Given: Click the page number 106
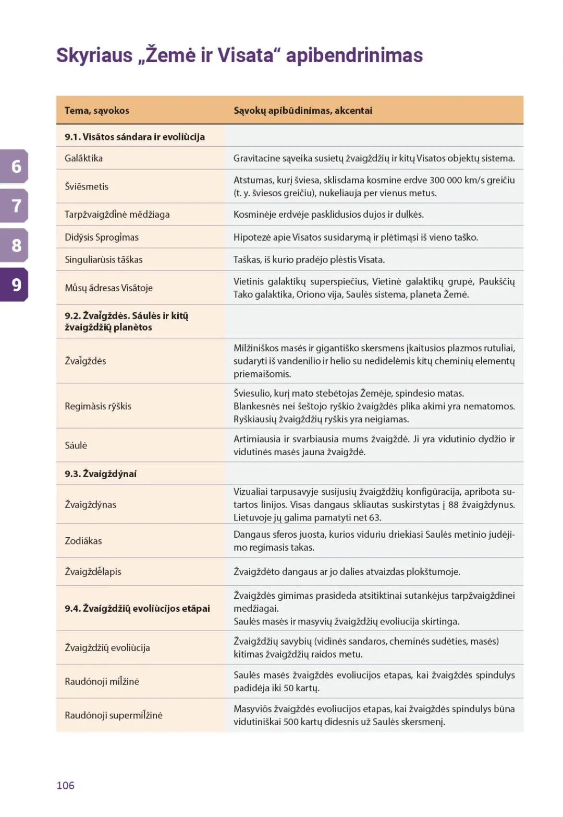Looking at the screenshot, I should pyautogui.click(x=65, y=785).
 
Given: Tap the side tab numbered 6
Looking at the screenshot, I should pyautogui.click(x=16, y=167).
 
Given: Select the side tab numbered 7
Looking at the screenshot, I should pyautogui.click(x=16, y=206).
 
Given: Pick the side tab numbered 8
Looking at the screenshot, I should pyautogui.click(x=16, y=245).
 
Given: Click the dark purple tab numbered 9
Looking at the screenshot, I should pyautogui.click(x=16, y=285).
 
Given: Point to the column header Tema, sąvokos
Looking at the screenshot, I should pyautogui.click(x=96, y=110).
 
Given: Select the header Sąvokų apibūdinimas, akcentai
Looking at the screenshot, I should pyautogui.click(x=303, y=110).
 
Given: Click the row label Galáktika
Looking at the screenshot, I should pyautogui.click(x=83, y=158).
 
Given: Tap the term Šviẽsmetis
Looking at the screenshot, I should pyautogui.click(x=87, y=186).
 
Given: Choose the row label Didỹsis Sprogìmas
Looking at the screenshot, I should pyautogui.click(x=102, y=237).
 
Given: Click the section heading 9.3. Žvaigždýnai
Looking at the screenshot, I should pyautogui.click(x=101, y=473).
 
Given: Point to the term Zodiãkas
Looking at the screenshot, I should pyautogui.click(x=83, y=541).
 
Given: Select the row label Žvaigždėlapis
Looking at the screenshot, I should pyautogui.click(x=93, y=572).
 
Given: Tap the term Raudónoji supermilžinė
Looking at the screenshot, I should pyautogui.click(x=114, y=715).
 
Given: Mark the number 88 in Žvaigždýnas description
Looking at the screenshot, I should pyautogui.click(x=454, y=505).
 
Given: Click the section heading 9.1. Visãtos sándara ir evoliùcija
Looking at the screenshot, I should pyautogui.click(x=134, y=137).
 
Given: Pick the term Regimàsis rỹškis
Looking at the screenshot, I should pyautogui.click(x=98, y=406).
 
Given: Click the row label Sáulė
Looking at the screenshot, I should pyautogui.click(x=76, y=445).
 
